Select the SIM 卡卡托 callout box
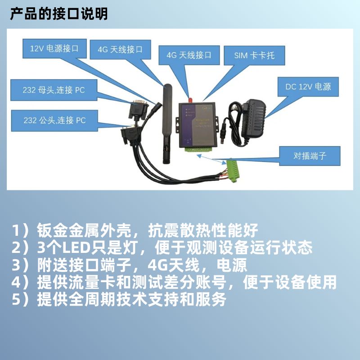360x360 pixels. [x=254, y=56]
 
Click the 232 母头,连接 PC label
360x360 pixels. [x=54, y=90]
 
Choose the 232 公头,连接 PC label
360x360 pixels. [x=54, y=120]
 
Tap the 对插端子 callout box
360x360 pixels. [x=309, y=156]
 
